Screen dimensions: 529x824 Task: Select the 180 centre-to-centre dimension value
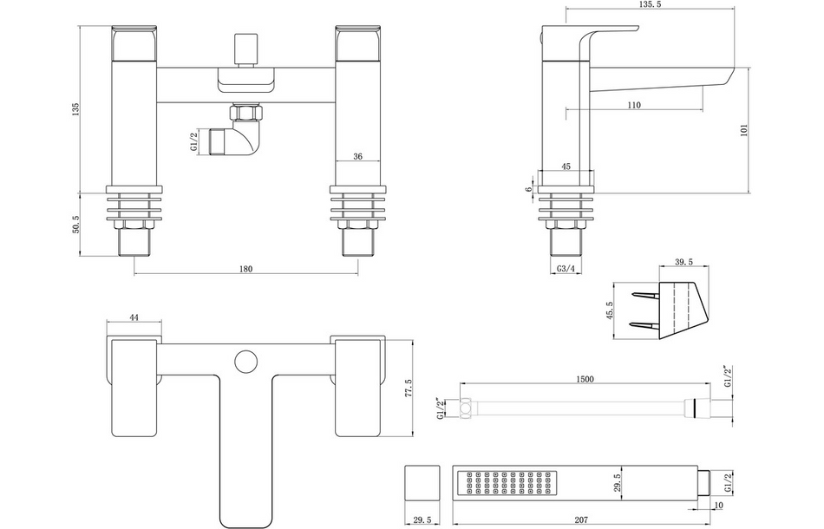coord(245,269)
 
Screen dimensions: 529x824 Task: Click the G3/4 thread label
coord(566,269)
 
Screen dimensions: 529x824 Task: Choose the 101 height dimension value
coord(744,130)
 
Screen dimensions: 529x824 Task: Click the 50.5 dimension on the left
coord(76,224)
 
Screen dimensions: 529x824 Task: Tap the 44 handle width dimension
coord(134,318)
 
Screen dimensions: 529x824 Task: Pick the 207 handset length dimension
coord(581,519)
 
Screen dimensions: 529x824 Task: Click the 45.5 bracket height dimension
coord(610,310)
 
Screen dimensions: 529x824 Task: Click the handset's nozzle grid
coord(507,485)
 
